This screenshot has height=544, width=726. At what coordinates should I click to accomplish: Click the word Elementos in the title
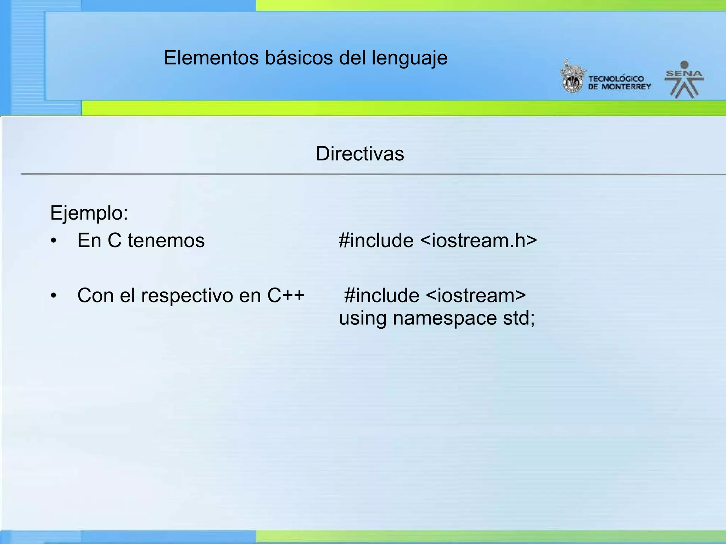211,58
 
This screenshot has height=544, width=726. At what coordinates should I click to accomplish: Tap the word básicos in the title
298,58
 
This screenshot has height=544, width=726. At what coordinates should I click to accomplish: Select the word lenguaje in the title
409,58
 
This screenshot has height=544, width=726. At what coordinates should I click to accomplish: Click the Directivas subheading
360,154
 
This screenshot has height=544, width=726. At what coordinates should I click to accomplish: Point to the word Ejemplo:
89,213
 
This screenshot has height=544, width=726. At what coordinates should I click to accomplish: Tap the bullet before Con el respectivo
54,296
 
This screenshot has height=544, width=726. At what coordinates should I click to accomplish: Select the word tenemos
166,240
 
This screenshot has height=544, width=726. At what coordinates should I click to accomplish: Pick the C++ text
286,295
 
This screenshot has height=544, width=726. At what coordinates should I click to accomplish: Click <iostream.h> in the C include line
479,240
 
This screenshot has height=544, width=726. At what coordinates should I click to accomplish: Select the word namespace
445,318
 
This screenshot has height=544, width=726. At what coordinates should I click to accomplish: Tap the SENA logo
684,80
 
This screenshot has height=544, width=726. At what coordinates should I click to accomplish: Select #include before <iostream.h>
376,240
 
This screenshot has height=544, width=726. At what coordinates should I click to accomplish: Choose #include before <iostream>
382,295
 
